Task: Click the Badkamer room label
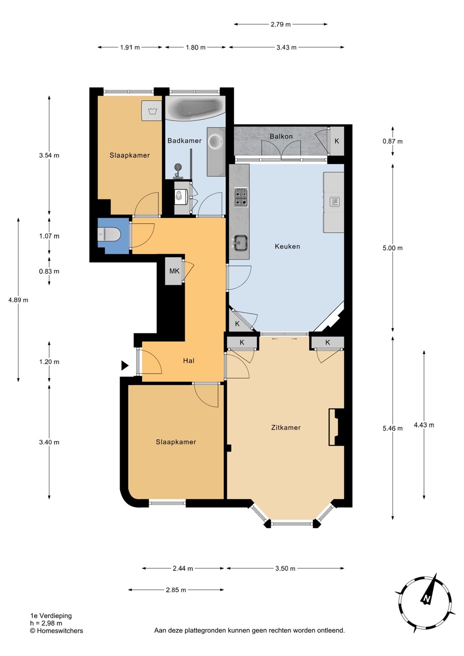pos(184,141)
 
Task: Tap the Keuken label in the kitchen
pos(287,246)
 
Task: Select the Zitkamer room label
pos(286,428)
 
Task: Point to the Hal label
pos(189,361)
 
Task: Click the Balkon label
pos(281,136)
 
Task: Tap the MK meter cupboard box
pos(174,271)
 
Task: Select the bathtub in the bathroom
pos(195,108)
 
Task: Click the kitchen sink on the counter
pos(241,242)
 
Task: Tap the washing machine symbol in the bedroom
pos(151,111)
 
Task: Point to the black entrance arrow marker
pos(125,365)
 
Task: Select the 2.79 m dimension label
pos(280,25)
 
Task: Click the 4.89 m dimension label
pos(18,300)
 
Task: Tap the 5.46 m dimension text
pos(392,428)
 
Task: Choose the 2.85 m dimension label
pos(176,590)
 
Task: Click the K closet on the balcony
pos(336,141)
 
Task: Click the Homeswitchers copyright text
pos(57,631)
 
